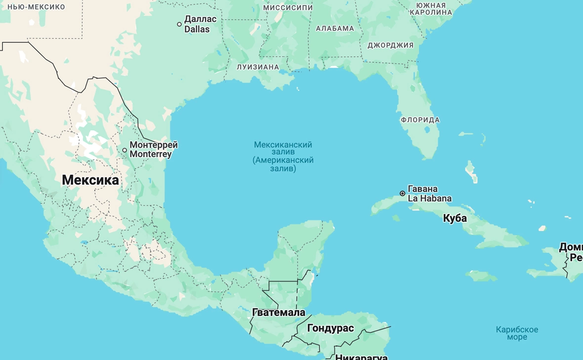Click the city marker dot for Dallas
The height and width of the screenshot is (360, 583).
[x=179, y=24]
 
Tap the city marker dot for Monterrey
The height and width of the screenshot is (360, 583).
[x=125, y=150]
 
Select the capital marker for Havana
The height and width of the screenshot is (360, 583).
[x=403, y=194]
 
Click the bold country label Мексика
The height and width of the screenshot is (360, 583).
[x=90, y=180]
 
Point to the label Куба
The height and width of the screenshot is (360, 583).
[x=455, y=218]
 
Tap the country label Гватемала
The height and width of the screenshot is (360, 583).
[x=278, y=312]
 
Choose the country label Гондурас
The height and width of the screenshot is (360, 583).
[x=331, y=328]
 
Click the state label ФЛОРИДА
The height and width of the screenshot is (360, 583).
[x=420, y=120]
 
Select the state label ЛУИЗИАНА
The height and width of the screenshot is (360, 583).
[x=258, y=67]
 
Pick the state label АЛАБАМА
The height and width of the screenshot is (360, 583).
[x=335, y=29]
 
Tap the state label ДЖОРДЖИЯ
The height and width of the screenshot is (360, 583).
[x=390, y=45]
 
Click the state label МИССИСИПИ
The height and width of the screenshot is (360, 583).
[x=288, y=7]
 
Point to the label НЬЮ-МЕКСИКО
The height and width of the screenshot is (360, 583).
[x=36, y=7]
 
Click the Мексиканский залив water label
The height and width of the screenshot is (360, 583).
[x=283, y=157]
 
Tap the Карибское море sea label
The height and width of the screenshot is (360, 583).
[x=517, y=333]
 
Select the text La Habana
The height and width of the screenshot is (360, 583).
[x=429, y=199]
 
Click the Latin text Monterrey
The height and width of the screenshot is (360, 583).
[x=151, y=154]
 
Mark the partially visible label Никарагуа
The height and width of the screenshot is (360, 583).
[x=361, y=357]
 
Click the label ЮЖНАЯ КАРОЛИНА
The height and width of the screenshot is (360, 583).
[x=431, y=8]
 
